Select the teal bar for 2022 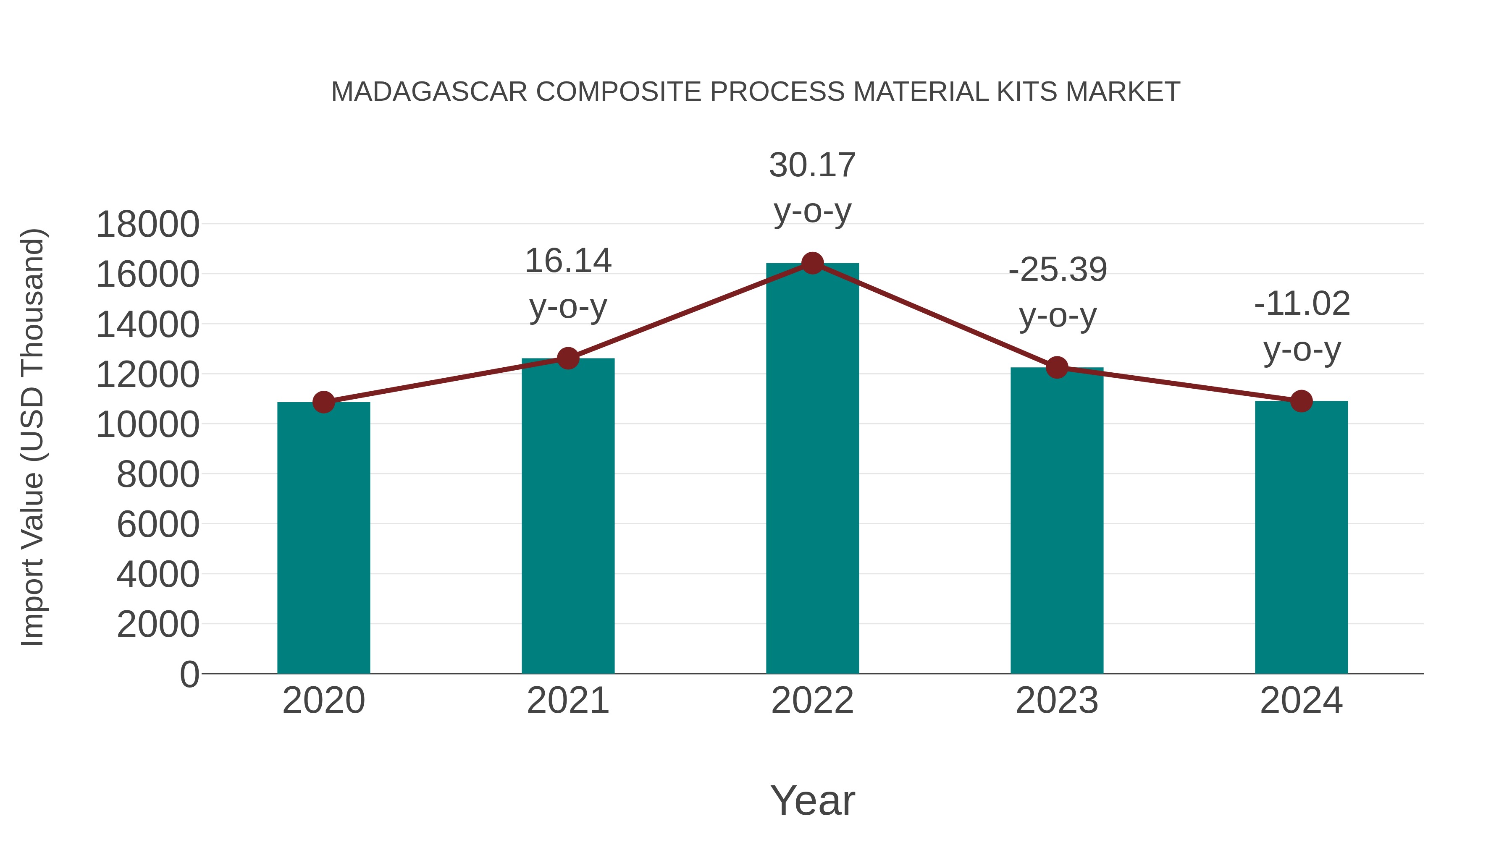coord(812,469)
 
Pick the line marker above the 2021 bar coord(567,358)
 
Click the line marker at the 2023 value coord(1057,368)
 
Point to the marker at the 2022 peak coord(812,263)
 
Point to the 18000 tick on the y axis coord(147,224)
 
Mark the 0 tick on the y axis coord(189,674)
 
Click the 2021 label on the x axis coord(567,701)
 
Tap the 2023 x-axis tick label coord(1057,701)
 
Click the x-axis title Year coord(812,800)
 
